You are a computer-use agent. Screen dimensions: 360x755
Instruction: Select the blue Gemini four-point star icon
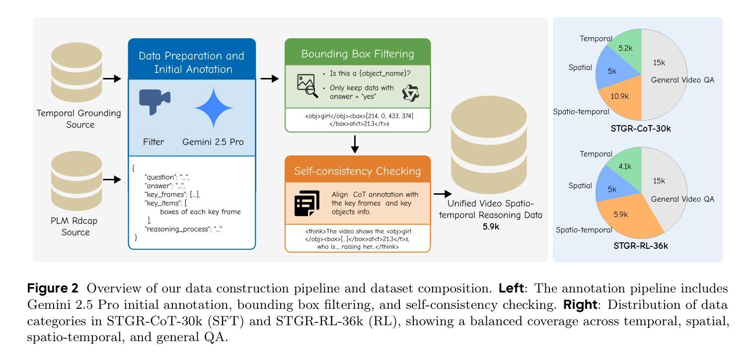[x=214, y=107]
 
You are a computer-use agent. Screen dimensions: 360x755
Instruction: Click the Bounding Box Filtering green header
[x=358, y=54]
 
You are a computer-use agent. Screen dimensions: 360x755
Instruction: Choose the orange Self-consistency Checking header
[x=358, y=171]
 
